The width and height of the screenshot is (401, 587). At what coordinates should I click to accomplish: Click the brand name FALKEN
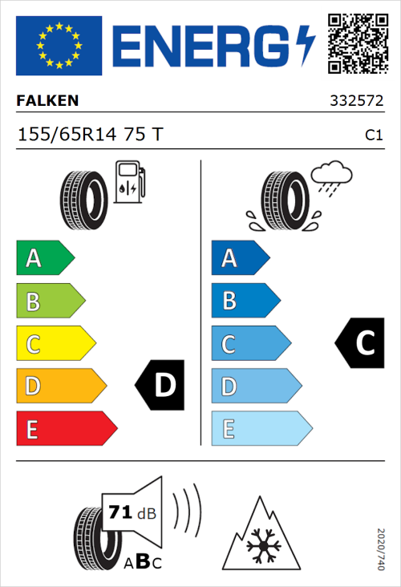(47, 101)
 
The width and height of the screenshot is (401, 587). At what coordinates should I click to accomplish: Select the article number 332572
(356, 102)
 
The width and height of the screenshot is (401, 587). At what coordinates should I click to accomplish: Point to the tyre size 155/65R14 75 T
(89, 135)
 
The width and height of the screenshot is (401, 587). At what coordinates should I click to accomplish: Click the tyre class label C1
(373, 136)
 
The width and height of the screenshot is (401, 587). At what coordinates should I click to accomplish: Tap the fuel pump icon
(128, 182)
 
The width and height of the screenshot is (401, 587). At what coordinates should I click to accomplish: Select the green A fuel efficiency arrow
(44, 258)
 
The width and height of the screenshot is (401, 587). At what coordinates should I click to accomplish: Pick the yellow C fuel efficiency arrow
(55, 344)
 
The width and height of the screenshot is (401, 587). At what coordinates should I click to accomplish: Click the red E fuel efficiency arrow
(65, 429)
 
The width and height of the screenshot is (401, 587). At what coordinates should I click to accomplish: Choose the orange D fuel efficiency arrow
(60, 387)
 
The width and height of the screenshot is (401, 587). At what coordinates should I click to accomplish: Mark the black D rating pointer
(160, 386)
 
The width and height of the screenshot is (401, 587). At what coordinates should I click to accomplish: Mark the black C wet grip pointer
(360, 343)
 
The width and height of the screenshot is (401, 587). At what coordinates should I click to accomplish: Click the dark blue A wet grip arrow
(239, 258)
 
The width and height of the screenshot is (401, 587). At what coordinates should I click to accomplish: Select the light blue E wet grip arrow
(261, 429)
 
